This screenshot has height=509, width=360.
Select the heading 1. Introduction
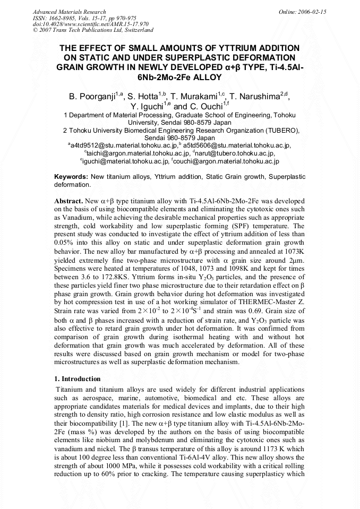[78, 378]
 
